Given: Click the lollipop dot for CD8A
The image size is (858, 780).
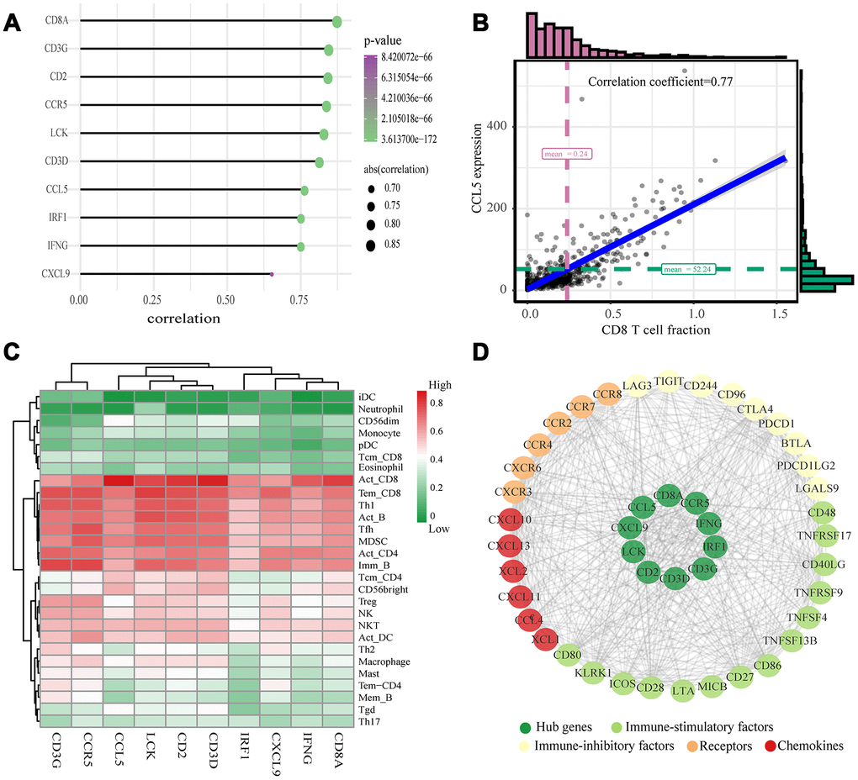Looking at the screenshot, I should (336, 22).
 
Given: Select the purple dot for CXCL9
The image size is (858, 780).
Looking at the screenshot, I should (272, 274).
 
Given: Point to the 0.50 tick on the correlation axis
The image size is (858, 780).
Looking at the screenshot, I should (225, 299).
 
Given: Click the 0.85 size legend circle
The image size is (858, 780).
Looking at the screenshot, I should (370, 245).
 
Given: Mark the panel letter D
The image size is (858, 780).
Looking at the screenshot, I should (480, 351).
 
